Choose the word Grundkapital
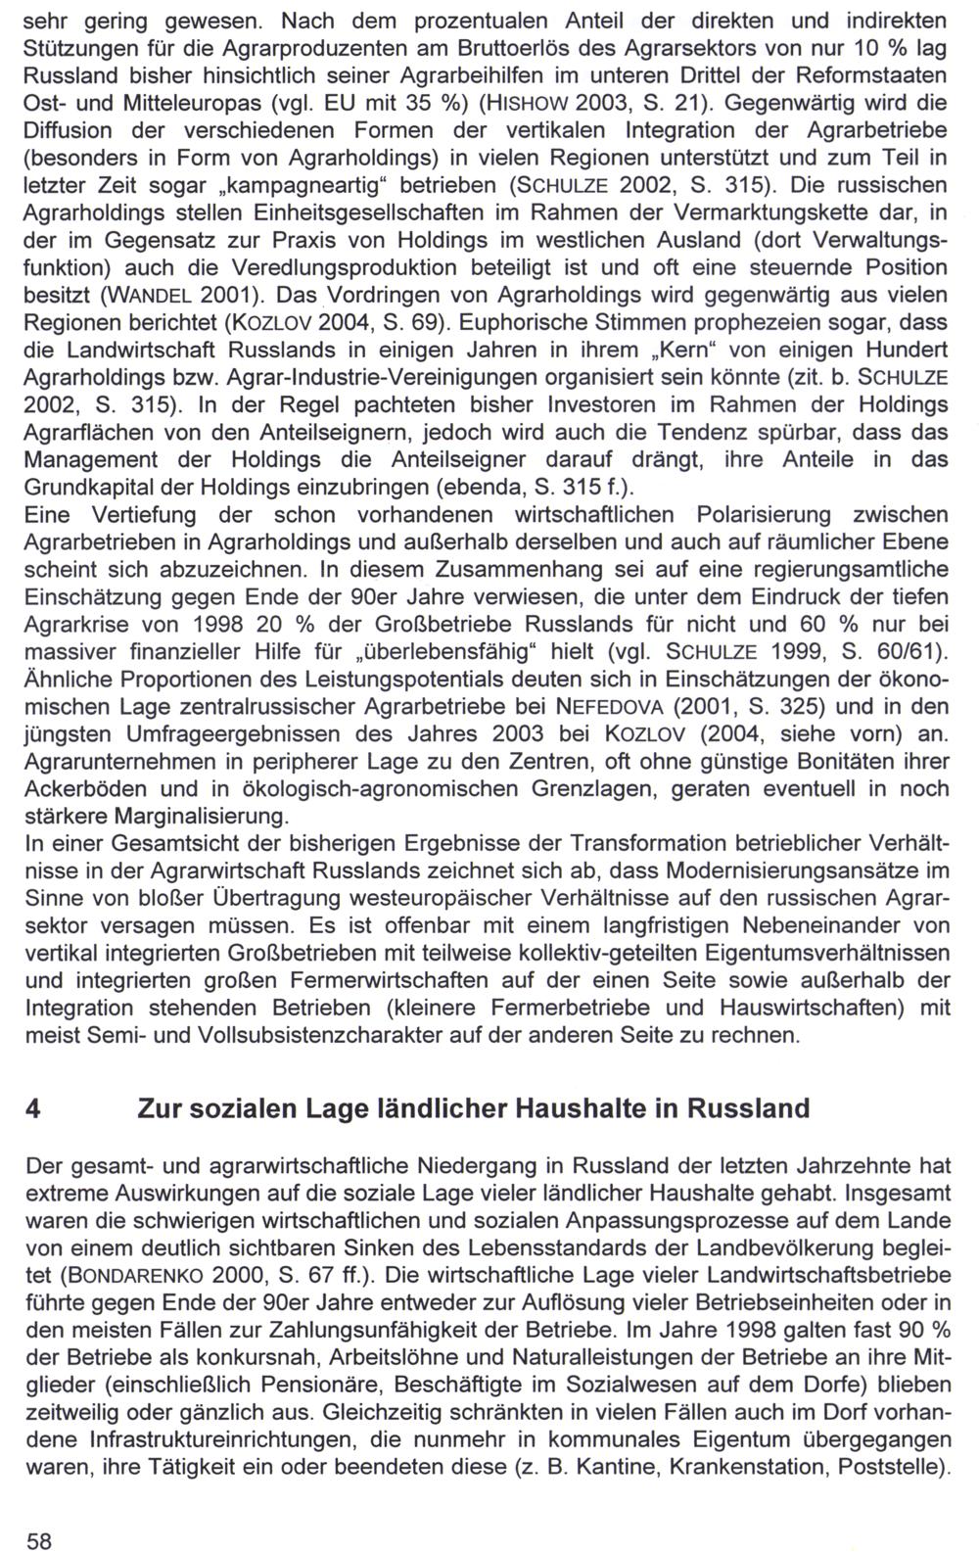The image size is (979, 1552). (101, 487)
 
